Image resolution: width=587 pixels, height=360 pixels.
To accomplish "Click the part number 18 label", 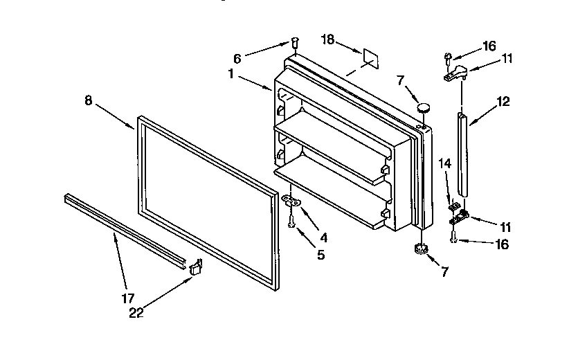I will (x=327, y=41).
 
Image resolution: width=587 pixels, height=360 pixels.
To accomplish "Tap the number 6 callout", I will (x=237, y=58).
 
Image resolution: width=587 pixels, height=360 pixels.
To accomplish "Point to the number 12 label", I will (x=503, y=102).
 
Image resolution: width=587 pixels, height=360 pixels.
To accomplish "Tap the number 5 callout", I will (x=319, y=254).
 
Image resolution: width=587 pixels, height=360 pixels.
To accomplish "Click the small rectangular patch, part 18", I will (x=369, y=57).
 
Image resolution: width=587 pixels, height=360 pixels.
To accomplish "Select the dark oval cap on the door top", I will (x=423, y=107).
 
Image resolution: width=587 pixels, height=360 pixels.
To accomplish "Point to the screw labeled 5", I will (x=291, y=222).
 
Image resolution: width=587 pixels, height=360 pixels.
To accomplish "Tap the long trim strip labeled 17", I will (x=125, y=228).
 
